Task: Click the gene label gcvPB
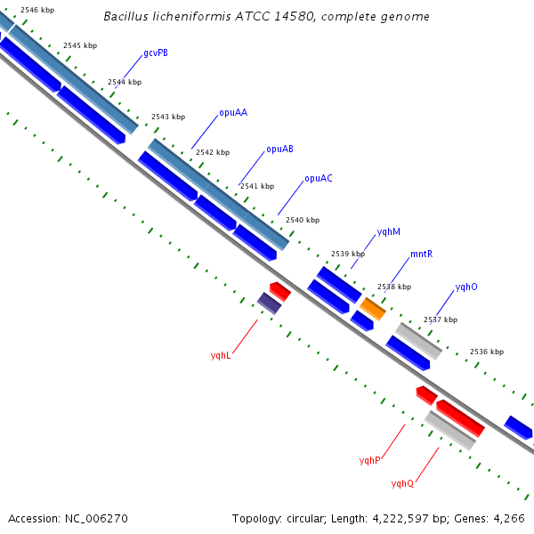156,53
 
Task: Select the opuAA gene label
233,113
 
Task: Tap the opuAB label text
279,150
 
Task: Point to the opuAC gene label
319,179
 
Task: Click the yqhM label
389,232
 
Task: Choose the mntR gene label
421,254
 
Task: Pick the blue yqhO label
466,287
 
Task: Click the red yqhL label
221,355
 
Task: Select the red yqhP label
369,460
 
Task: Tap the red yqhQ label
402,483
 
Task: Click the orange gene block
373,309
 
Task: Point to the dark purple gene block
269,303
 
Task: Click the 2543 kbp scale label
168,117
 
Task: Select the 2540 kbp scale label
303,220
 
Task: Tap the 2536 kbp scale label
487,352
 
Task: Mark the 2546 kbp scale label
37,10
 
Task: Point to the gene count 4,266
509,519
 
